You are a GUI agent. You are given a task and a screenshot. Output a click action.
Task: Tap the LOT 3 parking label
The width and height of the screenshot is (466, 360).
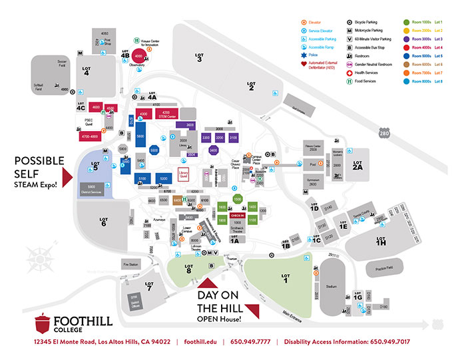point(199,57)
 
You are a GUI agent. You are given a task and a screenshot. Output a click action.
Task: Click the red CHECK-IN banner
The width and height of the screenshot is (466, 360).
point(236,216)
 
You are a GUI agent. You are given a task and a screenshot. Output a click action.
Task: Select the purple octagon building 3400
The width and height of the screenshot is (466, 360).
point(214,151)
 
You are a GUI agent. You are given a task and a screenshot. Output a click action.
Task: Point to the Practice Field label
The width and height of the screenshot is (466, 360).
point(383,268)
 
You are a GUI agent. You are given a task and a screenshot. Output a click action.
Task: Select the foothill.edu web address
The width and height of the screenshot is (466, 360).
point(200,342)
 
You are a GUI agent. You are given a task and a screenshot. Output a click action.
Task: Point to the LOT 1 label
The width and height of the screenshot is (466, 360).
point(286,276)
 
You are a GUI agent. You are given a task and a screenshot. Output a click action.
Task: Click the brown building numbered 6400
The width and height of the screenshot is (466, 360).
point(177,200)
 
